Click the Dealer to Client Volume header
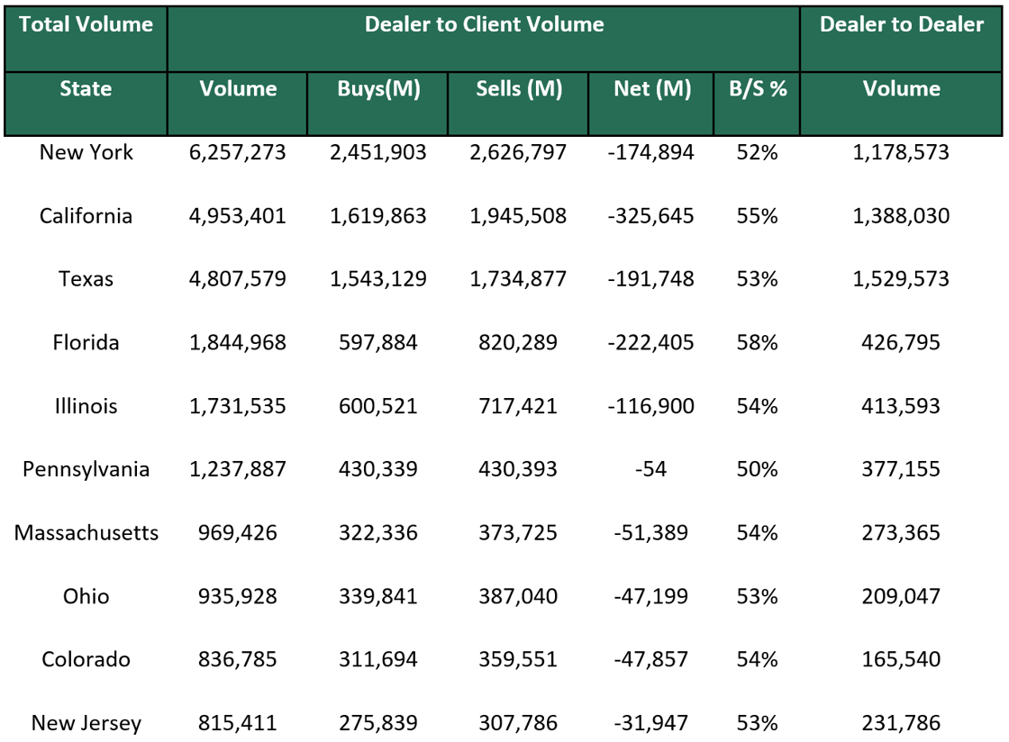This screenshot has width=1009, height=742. tap(484, 25)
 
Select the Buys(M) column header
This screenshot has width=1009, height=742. tap(378, 89)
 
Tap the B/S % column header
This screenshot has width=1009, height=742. tap(757, 89)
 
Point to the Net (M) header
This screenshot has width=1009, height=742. tap(651, 89)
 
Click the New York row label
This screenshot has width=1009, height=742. tap(86, 152)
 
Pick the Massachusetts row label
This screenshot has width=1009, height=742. tap(86, 533)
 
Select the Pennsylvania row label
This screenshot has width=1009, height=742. tap(86, 469)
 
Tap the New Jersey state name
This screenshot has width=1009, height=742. tap(86, 723)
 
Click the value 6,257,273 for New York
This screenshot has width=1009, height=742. tap(238, 152)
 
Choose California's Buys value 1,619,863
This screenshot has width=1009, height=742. tap(378, 216)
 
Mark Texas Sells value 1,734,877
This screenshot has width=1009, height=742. tap(518, 279)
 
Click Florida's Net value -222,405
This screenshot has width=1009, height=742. tap(651, 342)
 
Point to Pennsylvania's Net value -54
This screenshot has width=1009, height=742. tap(651, 469)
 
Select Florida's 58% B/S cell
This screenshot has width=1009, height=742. tap(757, 342)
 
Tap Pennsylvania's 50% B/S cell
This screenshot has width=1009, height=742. tap(757, 469)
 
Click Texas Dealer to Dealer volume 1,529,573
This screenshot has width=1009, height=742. tap(901, 279)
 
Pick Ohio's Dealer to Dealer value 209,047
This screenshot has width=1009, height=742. tap(901, 596)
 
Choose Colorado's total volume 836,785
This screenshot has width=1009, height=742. tap(238, 660)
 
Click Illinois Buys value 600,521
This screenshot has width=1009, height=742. tap(378, 406)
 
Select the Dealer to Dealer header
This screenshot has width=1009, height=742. tap(901, 25)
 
